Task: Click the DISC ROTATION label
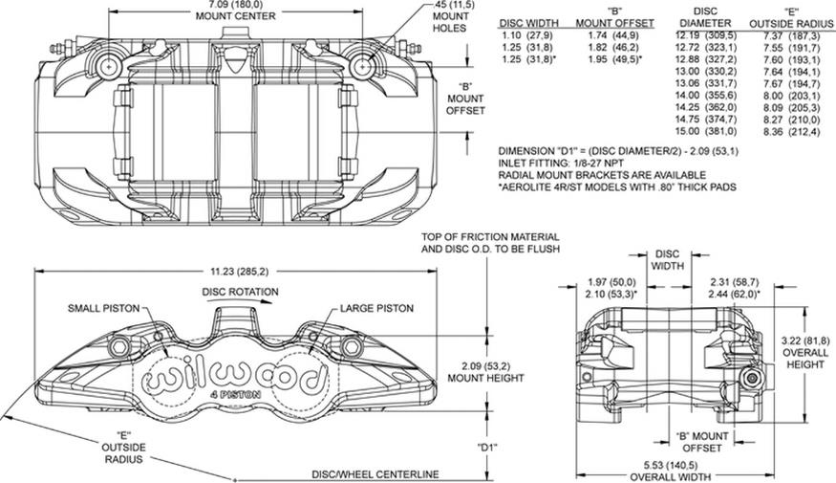click(x=240, y=292)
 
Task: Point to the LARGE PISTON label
click(x=376, y=308)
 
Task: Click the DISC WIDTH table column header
click(x=530, y=22)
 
